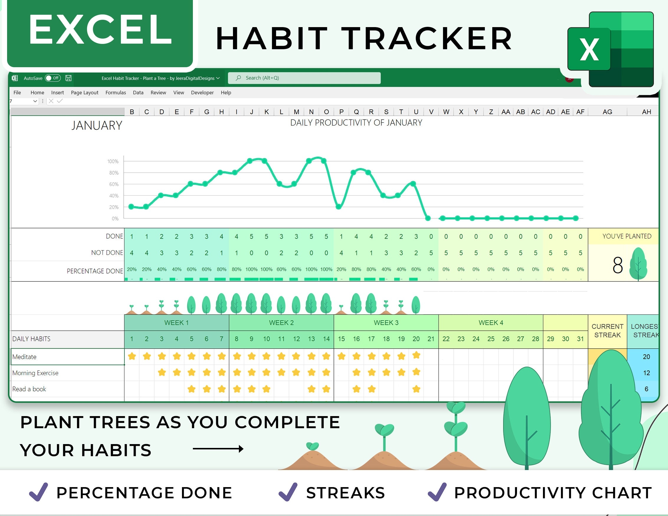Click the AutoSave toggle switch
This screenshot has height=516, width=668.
52,78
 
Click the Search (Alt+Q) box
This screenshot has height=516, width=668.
304,78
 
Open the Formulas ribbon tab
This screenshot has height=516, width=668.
116,93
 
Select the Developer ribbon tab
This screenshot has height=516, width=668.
202,93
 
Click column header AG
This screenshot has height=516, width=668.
607,112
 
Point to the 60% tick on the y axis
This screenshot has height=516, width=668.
114,184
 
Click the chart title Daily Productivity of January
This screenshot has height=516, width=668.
356,123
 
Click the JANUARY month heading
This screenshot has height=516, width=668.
97,126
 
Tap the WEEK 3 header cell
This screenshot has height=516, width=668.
386,323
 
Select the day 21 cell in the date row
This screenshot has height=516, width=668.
431,339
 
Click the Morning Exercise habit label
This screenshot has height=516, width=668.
35,373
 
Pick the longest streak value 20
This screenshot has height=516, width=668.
646,357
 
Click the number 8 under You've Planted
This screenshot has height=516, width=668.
617,265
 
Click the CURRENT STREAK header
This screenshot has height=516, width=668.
607,331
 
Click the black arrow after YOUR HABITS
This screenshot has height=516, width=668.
218,449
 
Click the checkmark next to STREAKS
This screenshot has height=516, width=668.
288,492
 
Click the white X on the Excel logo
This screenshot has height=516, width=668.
589,50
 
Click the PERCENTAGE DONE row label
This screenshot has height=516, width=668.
95,271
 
